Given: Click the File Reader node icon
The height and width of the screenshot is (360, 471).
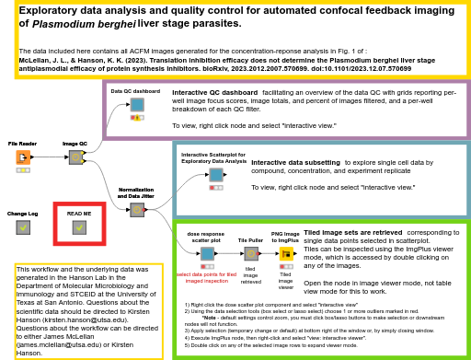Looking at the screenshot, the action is tap(22, 157).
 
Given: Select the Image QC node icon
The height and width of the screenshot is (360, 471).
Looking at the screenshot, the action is tap(75, 157).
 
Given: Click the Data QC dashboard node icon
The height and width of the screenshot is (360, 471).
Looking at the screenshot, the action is tap(136, 104).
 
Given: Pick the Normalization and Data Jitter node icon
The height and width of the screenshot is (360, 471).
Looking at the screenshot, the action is tap(136, 210).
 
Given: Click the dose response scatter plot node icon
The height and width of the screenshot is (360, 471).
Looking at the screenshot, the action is tap(207, 253).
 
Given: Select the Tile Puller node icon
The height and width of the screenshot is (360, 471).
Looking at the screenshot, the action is tap(250, 253).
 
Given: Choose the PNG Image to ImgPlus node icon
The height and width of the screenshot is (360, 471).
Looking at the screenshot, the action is tap(285, 253).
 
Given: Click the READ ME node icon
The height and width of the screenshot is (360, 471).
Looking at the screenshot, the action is tap(79, 226).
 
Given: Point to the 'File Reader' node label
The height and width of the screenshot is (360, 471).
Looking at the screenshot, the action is tap(22, 145).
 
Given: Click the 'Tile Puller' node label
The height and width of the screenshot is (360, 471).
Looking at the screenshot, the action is tap(250, 239).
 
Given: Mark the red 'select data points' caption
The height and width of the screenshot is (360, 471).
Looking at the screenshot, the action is tap(207, 275).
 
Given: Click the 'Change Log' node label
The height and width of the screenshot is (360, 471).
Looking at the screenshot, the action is tap(23, 214).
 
